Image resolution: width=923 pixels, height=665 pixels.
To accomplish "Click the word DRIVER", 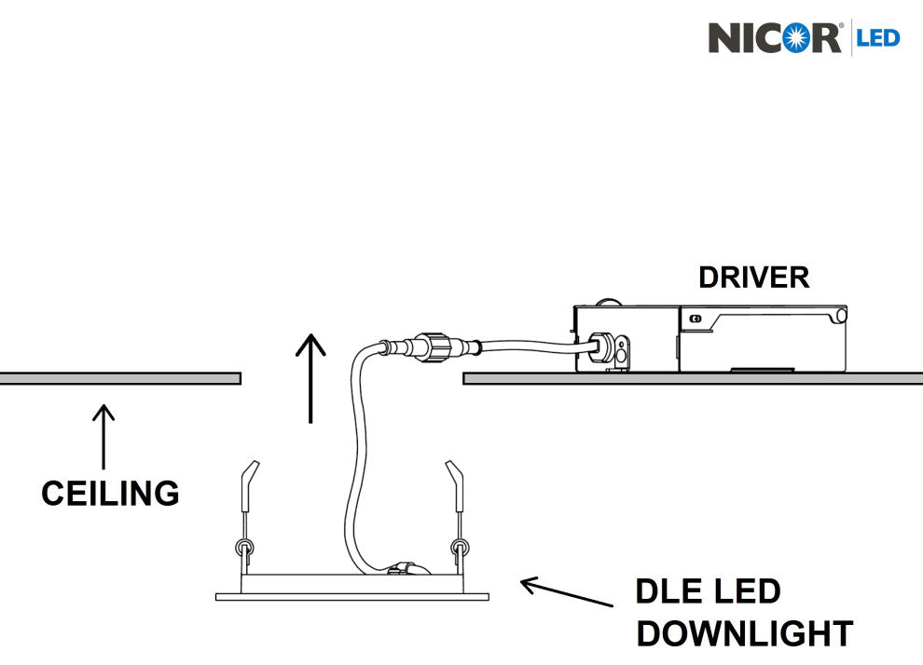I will (753, 277).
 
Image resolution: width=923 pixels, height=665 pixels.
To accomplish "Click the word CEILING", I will (110, 493).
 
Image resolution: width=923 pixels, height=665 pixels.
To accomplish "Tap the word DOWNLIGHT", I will (743, 633).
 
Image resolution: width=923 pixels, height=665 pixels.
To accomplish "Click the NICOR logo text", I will (775, 38).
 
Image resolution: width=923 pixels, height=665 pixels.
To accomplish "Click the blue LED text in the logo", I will (878, 38).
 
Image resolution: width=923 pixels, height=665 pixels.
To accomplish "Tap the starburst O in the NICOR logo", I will (796, 38).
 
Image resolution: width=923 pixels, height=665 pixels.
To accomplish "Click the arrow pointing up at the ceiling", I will (103, 436).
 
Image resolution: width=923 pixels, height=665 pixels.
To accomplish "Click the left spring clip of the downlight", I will (248, 485).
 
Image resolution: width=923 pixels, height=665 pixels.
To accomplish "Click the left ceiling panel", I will (120, 378).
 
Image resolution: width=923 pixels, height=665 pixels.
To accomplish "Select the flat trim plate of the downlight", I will (352, 595).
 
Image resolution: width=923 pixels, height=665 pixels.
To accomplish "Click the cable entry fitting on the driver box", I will (605, 349).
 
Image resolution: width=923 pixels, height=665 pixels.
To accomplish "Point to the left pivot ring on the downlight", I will (243, 547).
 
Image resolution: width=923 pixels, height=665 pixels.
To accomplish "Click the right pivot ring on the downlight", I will (458, 547).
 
